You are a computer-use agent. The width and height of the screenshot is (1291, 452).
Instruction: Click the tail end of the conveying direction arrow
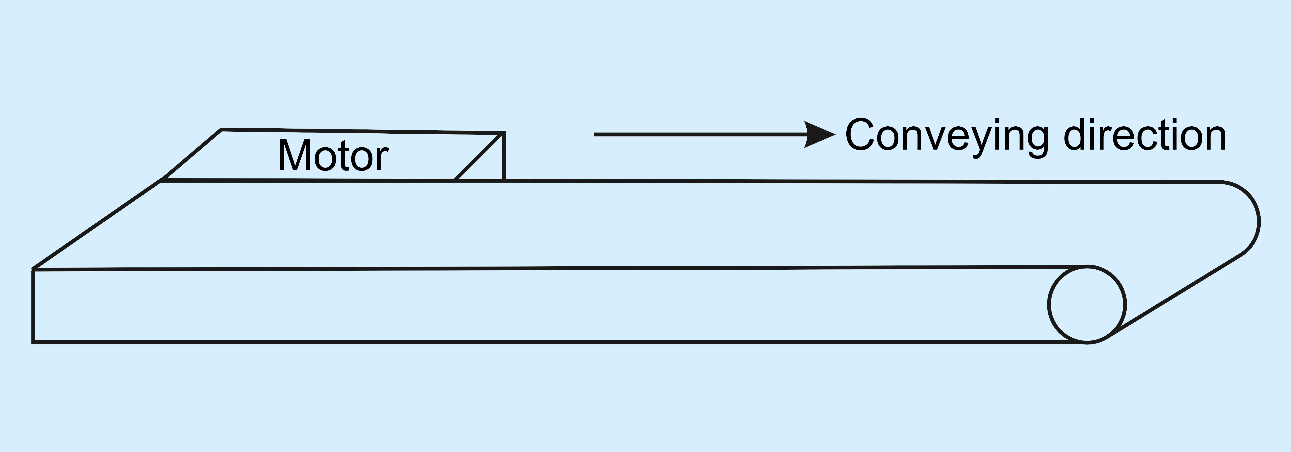[x=595, y=134]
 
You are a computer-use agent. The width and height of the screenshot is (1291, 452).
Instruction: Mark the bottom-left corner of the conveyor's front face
[x=33, y=342]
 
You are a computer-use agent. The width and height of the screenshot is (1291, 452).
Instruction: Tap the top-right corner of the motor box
[x=504, y=133]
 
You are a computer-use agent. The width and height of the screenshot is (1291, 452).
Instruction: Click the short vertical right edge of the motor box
[x=504, y=156]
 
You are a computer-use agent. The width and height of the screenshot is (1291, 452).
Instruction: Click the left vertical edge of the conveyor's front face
[x=33, y=306]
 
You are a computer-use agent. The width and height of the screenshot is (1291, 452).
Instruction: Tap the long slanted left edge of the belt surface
[x=97, y=225]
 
